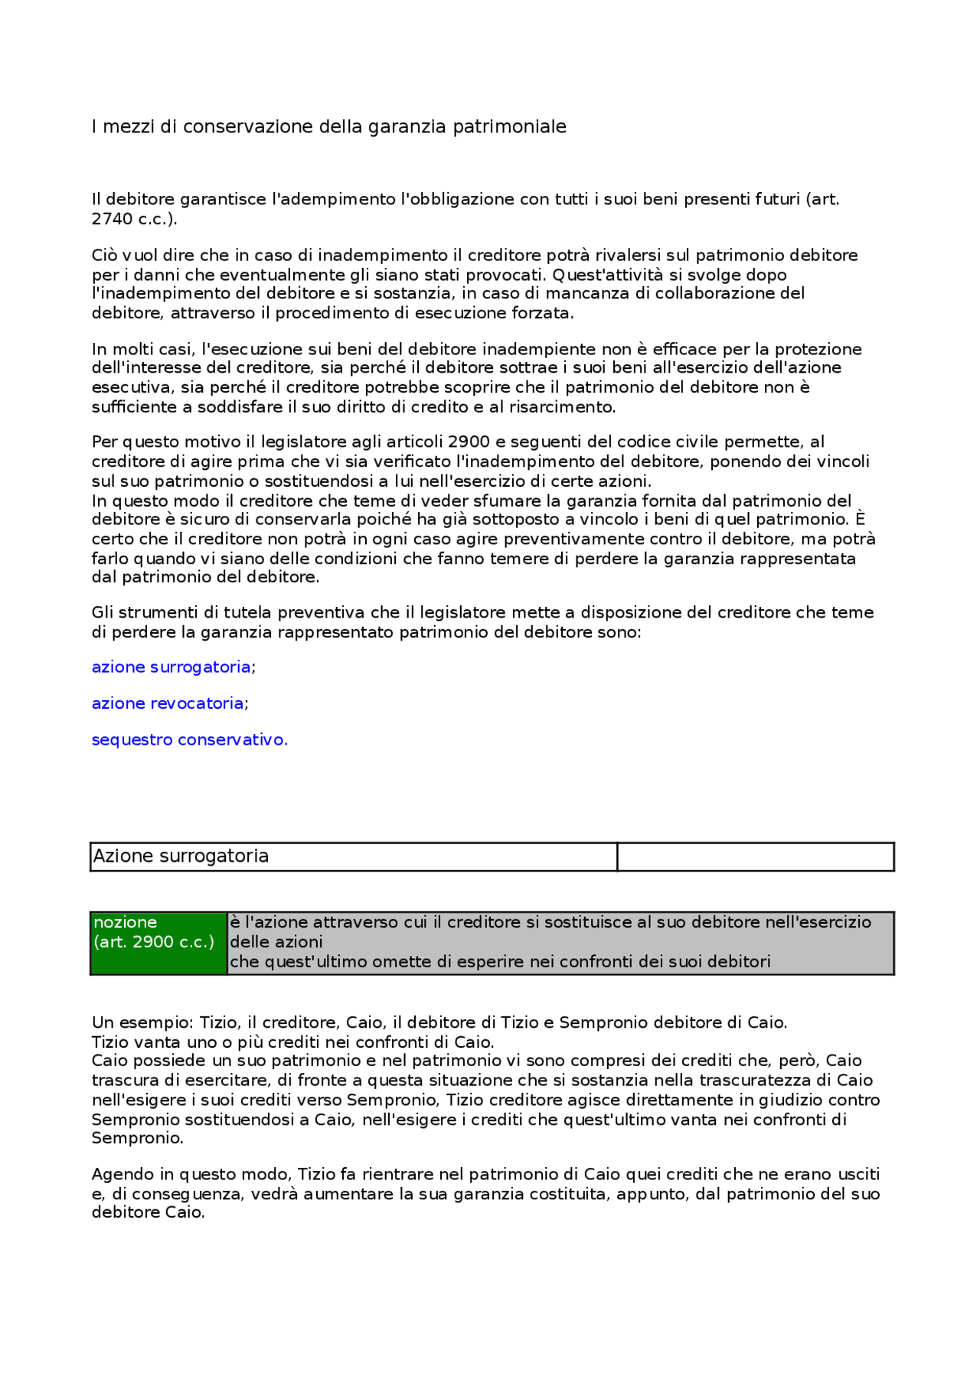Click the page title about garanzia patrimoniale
click(328, 127)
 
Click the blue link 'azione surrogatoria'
click(171, 667)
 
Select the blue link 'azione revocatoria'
click(167, 703)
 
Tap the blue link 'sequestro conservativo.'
click(189, 740)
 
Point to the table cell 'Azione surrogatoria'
click(181, 856)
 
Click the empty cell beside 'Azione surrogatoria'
click(755, 857)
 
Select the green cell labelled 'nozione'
click(126, 923)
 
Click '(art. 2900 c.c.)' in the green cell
click(154, 943)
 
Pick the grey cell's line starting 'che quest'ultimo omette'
click(500, 962)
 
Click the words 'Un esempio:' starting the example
click(142, 1023)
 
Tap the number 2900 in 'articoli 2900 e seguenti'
click(469, 442)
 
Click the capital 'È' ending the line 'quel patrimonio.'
click(860, 520)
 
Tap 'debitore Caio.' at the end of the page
click(148, 1213)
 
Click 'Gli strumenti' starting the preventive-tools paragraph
click(141, 613)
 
